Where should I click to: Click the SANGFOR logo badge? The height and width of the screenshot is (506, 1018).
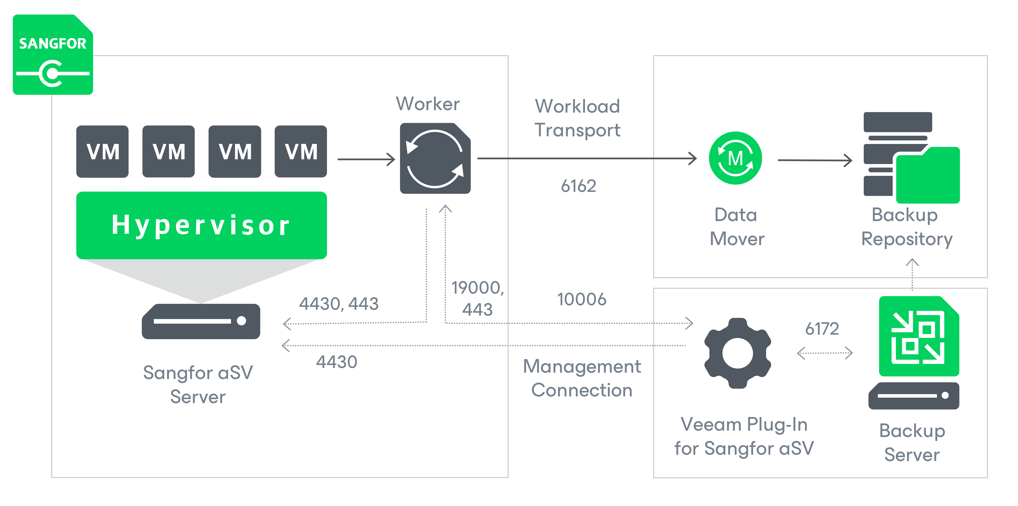pos(53,55)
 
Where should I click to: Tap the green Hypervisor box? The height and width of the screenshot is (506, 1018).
pos(202,225)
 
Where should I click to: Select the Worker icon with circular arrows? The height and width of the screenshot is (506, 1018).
pos(435,158)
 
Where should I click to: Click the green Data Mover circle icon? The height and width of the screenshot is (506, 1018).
pos(735,158)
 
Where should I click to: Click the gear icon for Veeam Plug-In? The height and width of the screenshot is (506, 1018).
pos(737,353)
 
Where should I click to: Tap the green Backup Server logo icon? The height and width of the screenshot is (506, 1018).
pos(919,336)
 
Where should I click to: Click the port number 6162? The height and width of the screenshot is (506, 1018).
pos(578,186)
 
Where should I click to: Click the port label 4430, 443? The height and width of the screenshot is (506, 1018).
pos(339,304)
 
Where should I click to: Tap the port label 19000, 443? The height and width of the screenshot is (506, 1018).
pos(478,298)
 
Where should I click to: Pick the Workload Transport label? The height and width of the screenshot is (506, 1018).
pos(577,118)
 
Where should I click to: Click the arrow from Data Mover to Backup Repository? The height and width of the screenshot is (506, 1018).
pos(815,160)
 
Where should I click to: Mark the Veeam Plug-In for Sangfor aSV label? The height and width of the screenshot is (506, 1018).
pos(744,436)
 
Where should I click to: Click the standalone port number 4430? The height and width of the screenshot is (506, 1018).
pos(337,362)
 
